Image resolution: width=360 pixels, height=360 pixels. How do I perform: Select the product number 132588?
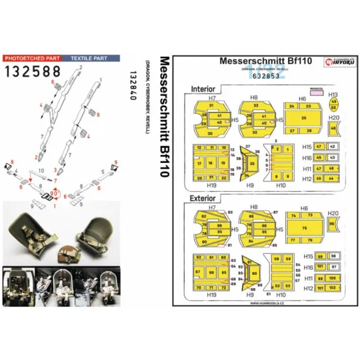pyautogui.click(x=39, y=71)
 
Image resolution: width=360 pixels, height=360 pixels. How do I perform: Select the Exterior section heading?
pyautogui.click(x=204, y=196)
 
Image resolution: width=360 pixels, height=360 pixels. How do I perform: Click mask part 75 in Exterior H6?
pyautogui.click(x=303, y=227)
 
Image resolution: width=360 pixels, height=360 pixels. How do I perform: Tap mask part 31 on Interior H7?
pyautogui.click(x=211, y=105)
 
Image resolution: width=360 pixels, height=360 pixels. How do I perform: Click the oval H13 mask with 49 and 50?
pyautogui.click(x=333, y=105)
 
